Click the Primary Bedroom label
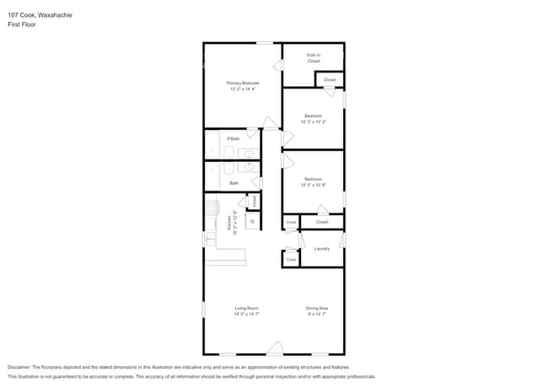(x=242, y=83)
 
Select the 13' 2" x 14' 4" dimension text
(x=242, y=89)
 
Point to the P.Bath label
(x=234, y=138)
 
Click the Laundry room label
(x=321, y=248)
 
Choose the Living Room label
(x=246, y=309)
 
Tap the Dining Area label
(x=317, y=309)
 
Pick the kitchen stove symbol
(x=212, y=207)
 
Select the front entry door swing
(x=274, y=347)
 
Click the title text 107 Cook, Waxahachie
(x=38, y=15)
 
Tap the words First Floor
(x=23, y=24)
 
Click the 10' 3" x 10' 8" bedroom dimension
(x=313, y=185)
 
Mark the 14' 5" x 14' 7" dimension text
(x=246, y=315)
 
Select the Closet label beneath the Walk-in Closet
(x=330, y=80)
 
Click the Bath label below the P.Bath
(x=234, y=182)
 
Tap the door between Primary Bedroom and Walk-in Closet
(x=277, y=66)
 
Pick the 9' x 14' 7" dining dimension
(x=317, y=315)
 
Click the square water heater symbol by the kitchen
(x=251, y=220)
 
